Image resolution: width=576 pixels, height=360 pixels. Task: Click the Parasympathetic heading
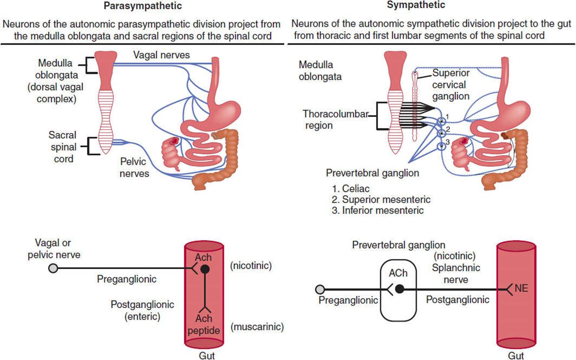coord(143,6)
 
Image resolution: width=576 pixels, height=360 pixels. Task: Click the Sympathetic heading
coord(416,5)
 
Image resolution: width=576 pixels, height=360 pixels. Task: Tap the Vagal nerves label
coord(162,55)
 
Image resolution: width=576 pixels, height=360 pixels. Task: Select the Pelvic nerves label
coord(134,167)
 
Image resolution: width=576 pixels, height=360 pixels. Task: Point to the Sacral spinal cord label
coord(63,147)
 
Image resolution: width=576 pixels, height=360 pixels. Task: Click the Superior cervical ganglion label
coord(451,84)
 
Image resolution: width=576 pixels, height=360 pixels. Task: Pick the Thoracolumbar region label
coord(336,120)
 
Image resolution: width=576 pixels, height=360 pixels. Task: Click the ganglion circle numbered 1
coord(441,121)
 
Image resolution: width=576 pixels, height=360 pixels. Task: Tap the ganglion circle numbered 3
coord(441,146)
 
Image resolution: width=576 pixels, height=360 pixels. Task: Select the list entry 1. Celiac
coord(351,189)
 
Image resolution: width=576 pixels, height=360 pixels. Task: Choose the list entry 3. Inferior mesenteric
coord(378,211)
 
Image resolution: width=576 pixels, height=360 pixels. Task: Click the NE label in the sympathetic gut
coord(521,288)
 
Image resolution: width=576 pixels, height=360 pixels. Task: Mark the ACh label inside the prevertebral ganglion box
coord(398,273)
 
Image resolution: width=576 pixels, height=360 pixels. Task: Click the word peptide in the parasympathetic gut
coord(204,331)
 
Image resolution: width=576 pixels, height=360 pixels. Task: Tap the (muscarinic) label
coord(257,327)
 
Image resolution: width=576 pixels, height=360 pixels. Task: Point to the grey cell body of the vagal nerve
coord(53,269)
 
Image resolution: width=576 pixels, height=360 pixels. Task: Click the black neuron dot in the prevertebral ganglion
coord(399,289)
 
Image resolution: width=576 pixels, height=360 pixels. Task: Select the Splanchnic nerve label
coord(456,274)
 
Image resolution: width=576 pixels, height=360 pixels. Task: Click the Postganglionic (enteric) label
coord(142,310)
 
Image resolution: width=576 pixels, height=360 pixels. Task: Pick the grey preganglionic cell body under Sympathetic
coord(320,289)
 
